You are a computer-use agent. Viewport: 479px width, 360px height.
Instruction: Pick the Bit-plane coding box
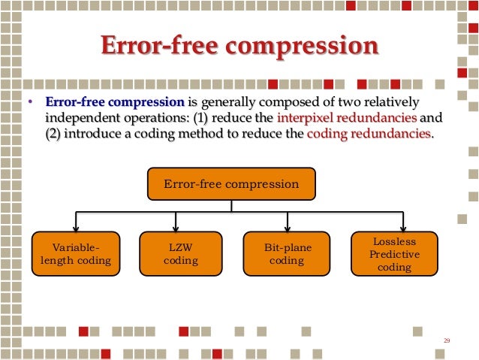pyautogui.click(x=288, y=254)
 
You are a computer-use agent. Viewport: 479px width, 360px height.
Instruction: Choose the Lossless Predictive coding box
pyautogui.click(x=394, y=254)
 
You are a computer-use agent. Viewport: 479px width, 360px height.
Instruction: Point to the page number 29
pyautogui.click(x=447, y=342)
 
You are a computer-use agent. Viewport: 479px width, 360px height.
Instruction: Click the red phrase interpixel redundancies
pyautogui.click(x=346, y=118)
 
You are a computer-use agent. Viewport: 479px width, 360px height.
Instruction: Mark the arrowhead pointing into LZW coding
pyautogui.click(x=176, y=228)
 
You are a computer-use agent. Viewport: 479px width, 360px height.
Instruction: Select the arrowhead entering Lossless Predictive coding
pyautogui.click(x=404, y=228)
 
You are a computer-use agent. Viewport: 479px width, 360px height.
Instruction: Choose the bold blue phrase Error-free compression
pyautogui.click(x=114, y=102)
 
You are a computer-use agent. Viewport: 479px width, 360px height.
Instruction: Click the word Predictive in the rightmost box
pyautogui.click(x=394, y=254)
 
